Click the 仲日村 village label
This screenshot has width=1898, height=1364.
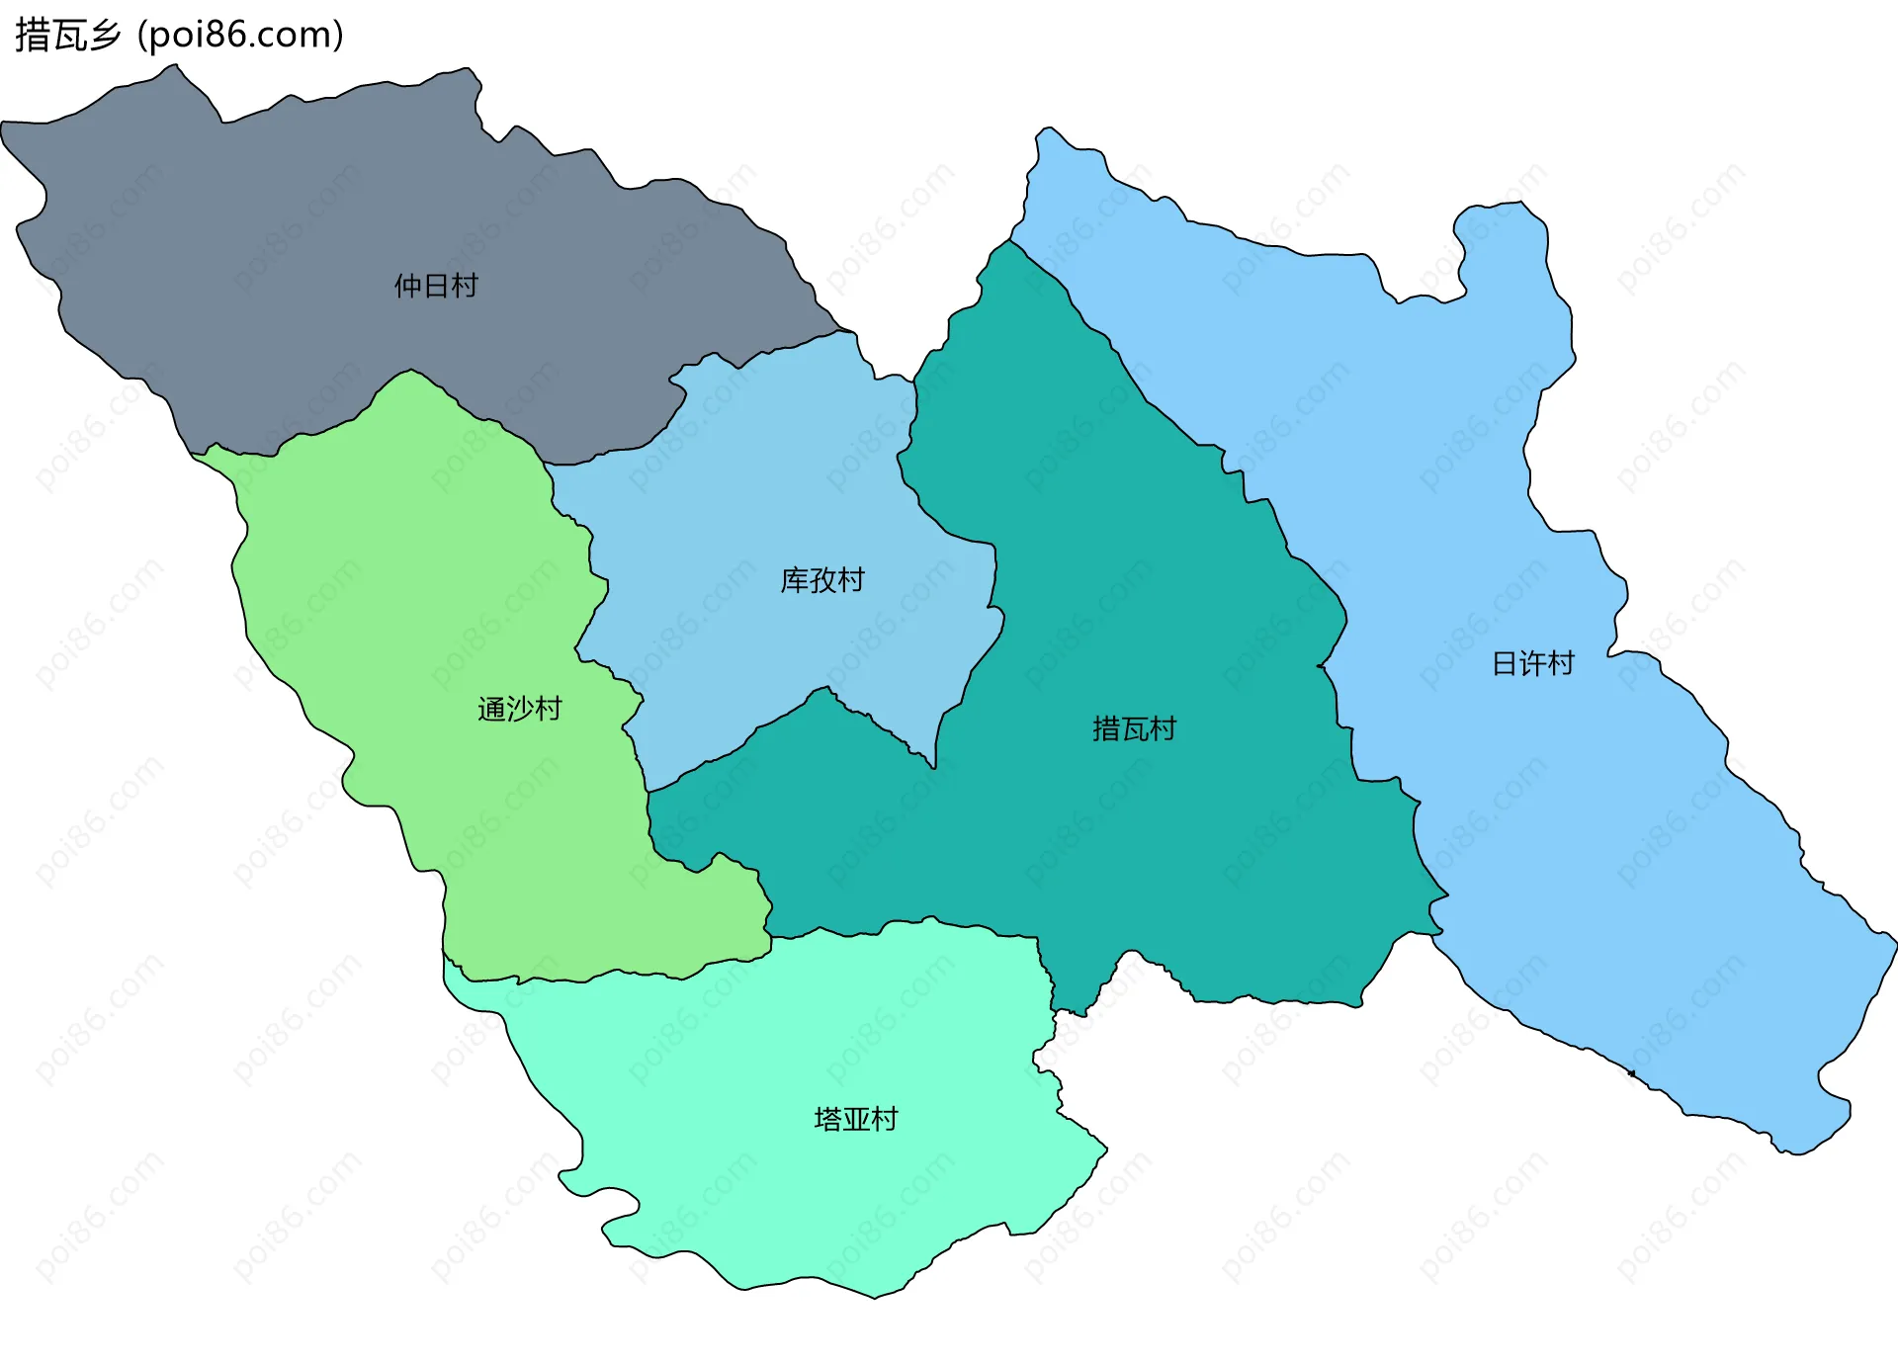click(x=436, y=286)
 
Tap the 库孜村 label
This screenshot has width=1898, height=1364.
click(x=822, y=580)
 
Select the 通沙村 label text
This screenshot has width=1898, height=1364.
click(x=519, y=709)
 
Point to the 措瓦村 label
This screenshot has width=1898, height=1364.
click(x=1134, y=729)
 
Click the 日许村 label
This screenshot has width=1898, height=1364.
click(x=1532, y=663)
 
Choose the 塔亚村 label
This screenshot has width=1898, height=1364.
click(x=855, y=1119)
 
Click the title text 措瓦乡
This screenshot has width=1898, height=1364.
click(x=68, y=36)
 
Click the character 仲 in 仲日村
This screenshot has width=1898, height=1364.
click(x=408, y=286)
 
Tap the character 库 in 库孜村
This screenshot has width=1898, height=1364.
click(x=795, y=580)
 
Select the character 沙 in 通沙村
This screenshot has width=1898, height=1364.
click(x=519, y=709)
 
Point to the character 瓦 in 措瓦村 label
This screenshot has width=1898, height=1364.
click(x=1134, y=729)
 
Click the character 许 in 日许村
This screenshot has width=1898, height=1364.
click(x=1532, y=663)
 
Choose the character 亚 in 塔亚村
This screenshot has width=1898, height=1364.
click(x=855, y=1119)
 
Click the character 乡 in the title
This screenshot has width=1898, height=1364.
click(x=104, y=36)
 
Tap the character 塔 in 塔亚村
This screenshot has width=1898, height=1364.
click(x=827, y=1119)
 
